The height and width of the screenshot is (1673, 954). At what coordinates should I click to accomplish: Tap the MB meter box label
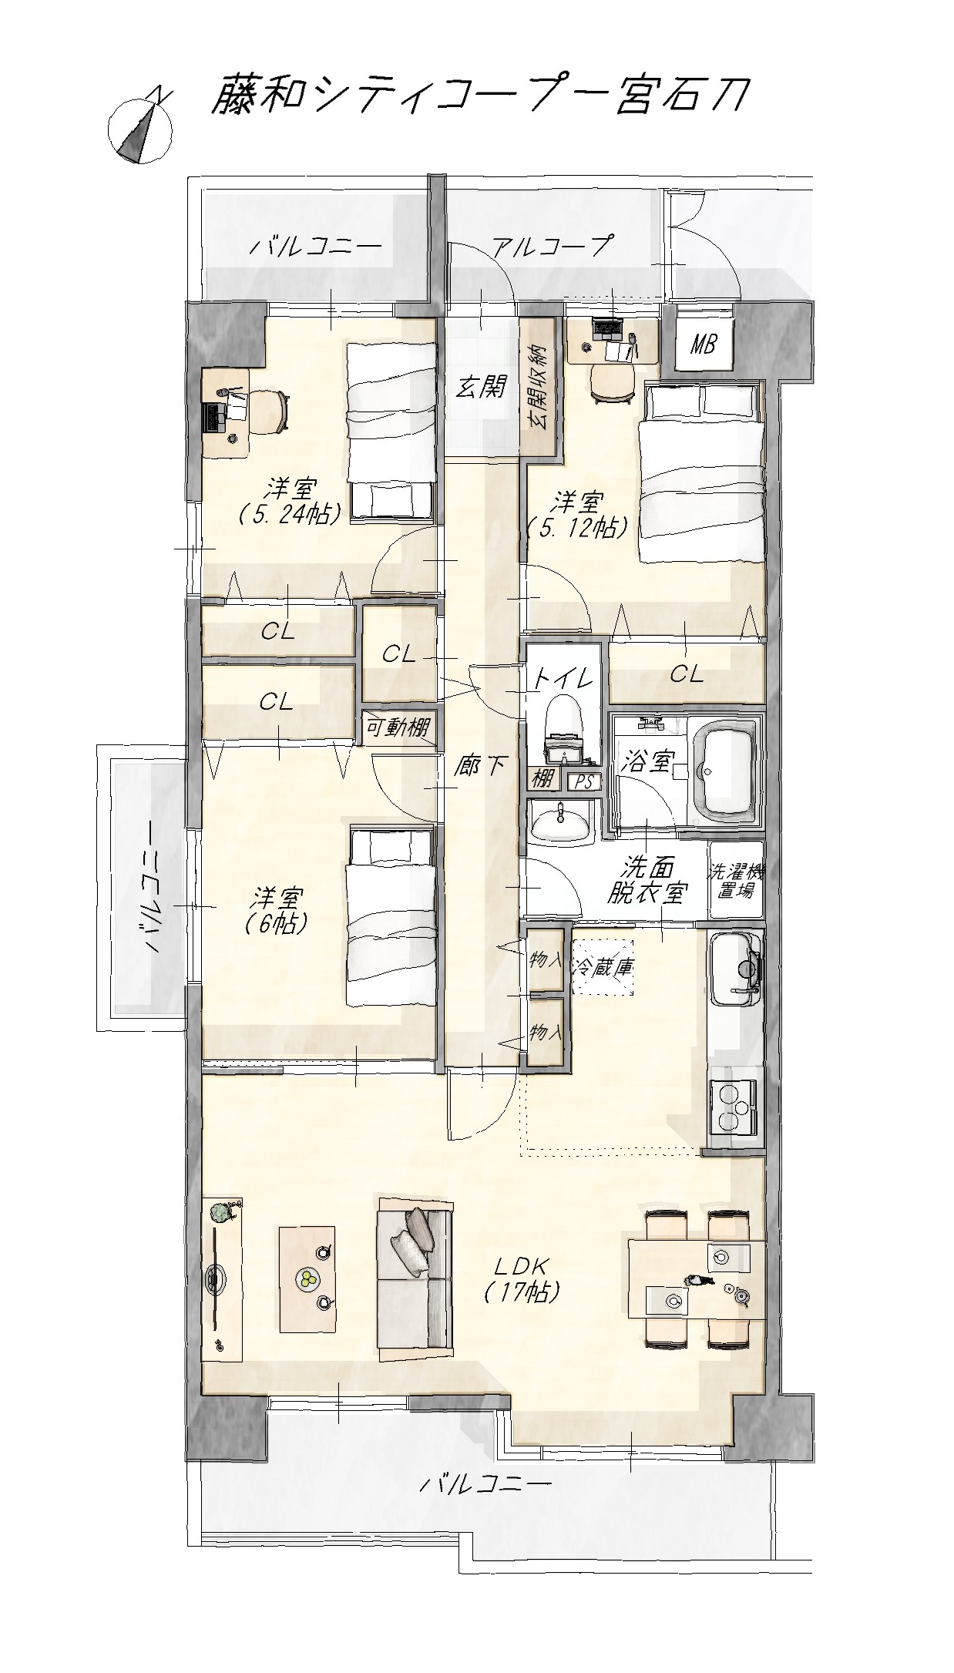tap(701, 344)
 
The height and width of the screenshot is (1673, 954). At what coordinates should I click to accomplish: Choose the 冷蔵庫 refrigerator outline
tap(603, 967)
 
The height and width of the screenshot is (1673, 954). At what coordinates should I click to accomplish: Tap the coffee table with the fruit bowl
tap(308, 1278)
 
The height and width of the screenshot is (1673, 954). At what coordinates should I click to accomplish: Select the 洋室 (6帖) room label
tap(277, 910)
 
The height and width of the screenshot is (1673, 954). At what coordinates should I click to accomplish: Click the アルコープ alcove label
tap(552, 247)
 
